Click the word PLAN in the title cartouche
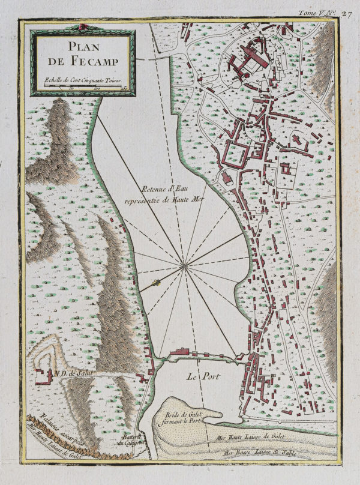pyautogui.click(x=81, y=47)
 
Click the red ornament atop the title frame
pyautogui.click(x=82, y=27)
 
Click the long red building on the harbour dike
pyautogui.click(x=180, y=352)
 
